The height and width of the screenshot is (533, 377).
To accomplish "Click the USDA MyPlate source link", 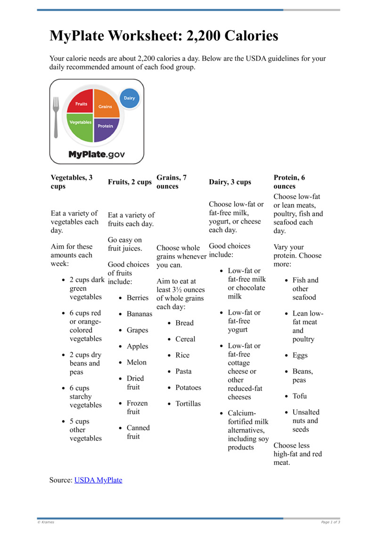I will tap(98, 480).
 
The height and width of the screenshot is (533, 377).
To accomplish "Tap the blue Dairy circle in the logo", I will tap(129, 98).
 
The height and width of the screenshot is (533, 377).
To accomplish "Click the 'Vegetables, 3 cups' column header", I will tap(72, 182).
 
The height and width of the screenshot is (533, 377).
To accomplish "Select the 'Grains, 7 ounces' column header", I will tap(172, 182).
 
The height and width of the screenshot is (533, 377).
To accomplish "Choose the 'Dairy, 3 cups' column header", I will tap(230, 182).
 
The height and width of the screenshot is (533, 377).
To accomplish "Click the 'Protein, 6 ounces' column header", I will tap(289, 182).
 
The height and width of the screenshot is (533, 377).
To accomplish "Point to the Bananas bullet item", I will tap(139, 314).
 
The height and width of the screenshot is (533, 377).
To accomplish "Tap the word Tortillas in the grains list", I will tap(188, 404).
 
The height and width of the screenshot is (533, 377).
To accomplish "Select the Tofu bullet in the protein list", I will tap(300, 396).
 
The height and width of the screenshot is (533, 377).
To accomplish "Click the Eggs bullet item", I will tap(300, 355).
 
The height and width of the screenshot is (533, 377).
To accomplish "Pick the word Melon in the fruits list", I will tap(137, 362).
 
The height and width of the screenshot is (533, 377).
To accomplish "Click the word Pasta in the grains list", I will tap(184, 372).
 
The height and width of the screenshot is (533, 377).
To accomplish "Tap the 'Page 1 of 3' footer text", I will tap(330, 522).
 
